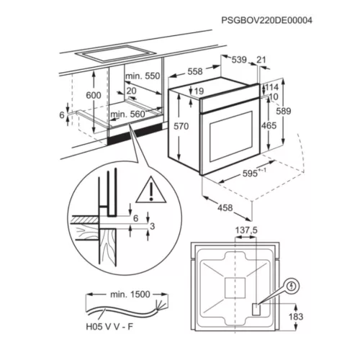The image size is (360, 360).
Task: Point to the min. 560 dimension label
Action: pyautogui.click(x=127, y=114)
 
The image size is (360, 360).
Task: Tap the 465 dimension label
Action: pyautogui.click(x=269, y=125)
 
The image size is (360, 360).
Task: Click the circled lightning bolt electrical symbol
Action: pyautogui.click(x=292, y=286)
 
